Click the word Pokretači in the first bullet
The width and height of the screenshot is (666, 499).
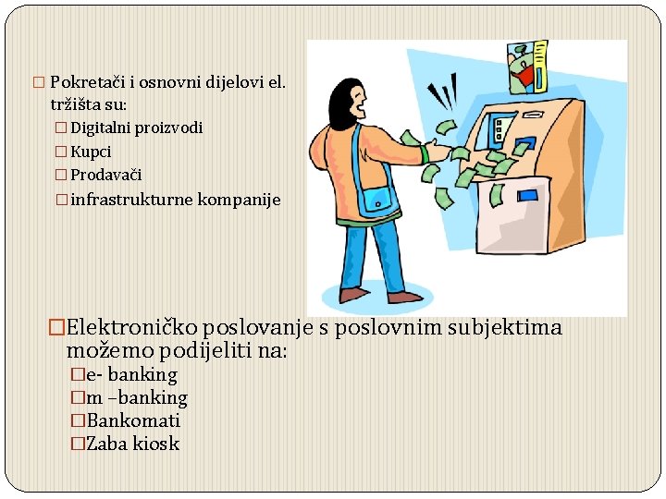pyautogui.click(x=82, y=82)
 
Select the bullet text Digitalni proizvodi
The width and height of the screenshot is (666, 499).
pyautogui.click(x=136, y=128)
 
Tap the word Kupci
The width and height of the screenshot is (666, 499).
pyautogui.click(x=91, y=152)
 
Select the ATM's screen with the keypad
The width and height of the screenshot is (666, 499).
pyautogui.click(x=503, y=129)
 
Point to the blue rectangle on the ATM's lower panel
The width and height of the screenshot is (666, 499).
pyautogui.click(x=527, y=195)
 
